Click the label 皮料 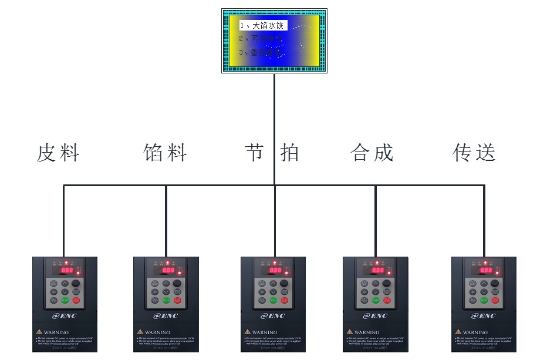58,153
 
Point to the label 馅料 165,153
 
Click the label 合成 372,153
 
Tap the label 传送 474,153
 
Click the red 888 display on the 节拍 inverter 276,270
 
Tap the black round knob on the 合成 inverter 387,284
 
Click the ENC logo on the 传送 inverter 484,316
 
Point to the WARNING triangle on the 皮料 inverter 39,332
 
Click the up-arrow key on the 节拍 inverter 273,284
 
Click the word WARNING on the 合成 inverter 367,332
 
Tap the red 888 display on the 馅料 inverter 168,270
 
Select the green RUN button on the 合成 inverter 376,300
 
